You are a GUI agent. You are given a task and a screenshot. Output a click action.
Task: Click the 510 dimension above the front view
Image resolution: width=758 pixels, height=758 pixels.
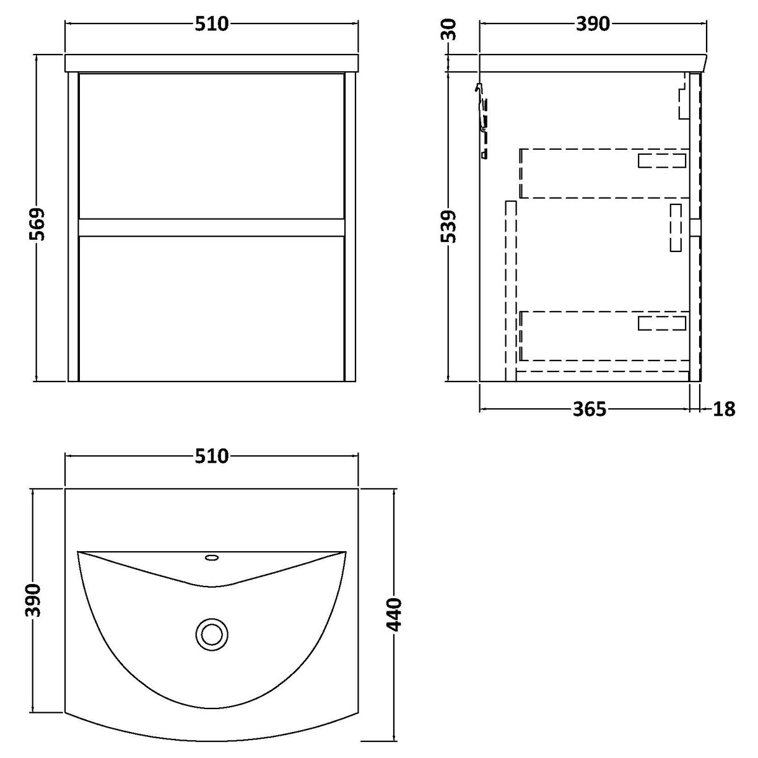tap(212, 24)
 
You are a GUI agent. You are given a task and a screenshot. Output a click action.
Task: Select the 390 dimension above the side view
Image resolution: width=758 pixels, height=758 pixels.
tap(593, 24)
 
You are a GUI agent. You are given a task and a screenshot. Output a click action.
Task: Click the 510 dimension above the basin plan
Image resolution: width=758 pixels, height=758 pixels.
tap(212, 456)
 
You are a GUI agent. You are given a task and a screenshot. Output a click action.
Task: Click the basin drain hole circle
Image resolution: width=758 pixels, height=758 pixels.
tap(212, 634)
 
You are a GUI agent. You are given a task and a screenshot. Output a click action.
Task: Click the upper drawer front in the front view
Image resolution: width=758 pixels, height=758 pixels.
tap(211, 146)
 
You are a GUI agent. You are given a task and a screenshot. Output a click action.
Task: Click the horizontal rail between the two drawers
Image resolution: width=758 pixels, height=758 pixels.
tap(211, 227)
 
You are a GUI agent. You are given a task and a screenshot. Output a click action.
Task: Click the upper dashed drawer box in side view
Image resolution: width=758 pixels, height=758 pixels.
tap(604, 173)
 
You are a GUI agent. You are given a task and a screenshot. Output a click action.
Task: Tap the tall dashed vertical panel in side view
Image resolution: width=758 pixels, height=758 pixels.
tap(511, 290)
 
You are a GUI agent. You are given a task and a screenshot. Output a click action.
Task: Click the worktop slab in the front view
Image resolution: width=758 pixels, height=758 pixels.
tap(212, 63)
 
